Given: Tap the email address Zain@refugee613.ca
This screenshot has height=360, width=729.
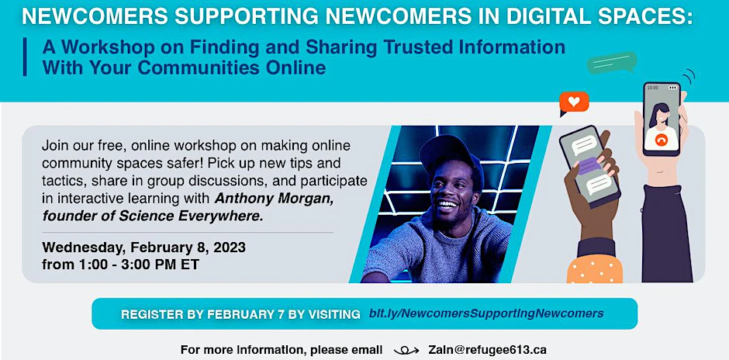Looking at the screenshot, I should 487,349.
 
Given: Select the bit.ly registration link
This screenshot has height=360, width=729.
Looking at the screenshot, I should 486,313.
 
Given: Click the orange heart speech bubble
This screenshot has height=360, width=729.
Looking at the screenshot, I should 574,102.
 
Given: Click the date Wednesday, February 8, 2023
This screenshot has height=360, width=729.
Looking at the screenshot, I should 144,247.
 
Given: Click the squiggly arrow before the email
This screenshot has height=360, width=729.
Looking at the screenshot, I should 406,349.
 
